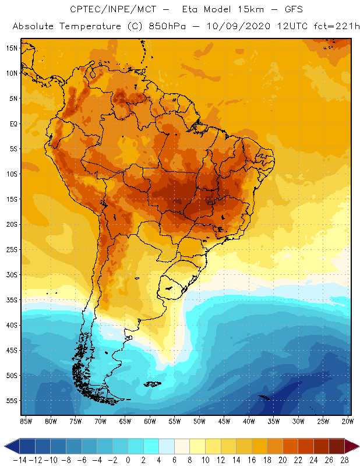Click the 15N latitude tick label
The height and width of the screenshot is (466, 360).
[11, 48]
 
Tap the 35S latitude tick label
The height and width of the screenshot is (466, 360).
[11, 300]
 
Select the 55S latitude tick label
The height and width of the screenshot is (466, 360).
[11, 401]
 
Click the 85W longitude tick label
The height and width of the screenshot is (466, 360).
[26, 421]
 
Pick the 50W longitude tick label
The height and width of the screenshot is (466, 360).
[199, 421]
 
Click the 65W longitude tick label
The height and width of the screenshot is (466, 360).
[125, 421]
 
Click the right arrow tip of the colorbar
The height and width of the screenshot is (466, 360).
[357, 446]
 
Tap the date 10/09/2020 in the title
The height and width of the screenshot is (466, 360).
[248, 27]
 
